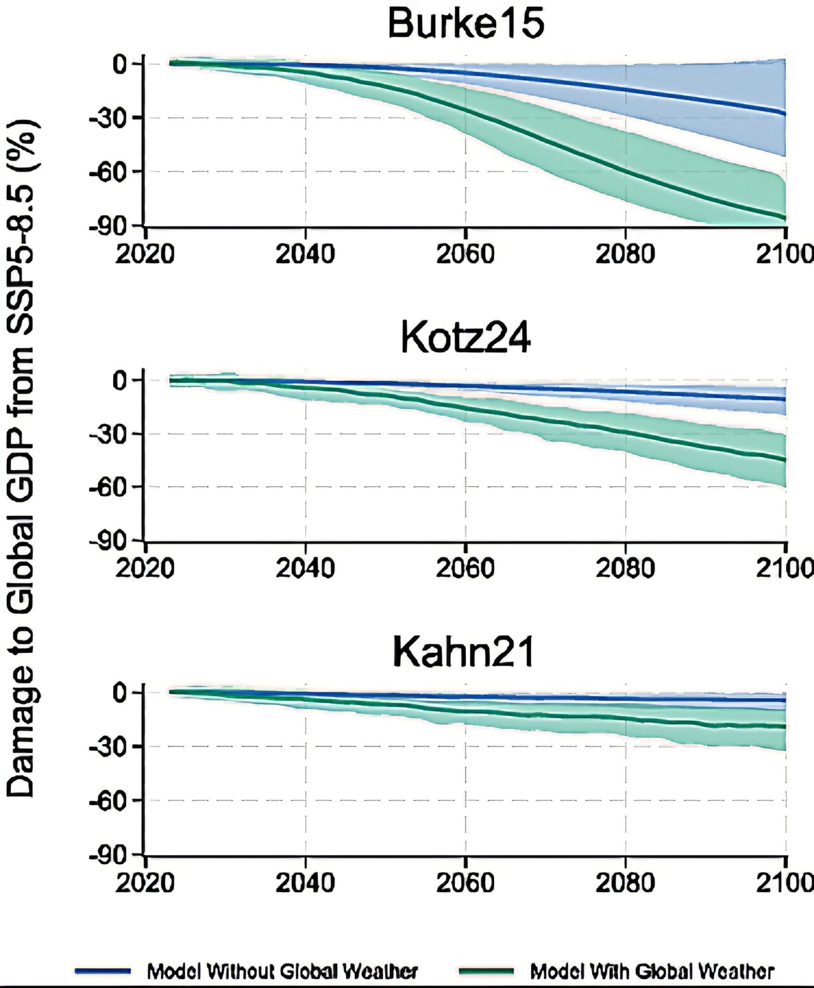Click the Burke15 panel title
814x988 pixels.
(x=466, y=24)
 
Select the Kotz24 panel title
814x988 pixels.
(x=466, y=338)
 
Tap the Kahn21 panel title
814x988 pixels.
(x=464, y=652)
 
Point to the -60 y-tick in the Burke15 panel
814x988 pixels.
(x=109, y=172)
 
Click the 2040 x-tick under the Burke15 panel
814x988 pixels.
(x=305, y=254)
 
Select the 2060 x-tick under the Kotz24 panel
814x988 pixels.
(x=466, y=568)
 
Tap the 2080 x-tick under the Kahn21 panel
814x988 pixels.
(x=626, y=883)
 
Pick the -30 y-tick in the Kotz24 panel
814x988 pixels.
(x=109, y=434)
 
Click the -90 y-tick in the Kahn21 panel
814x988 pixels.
(x=109, y=855)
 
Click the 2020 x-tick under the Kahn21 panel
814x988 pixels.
(x=145, y=883)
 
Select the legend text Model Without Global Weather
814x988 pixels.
(x=282, y=971)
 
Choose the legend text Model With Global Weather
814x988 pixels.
(x=652, y=971)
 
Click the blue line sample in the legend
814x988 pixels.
(x=103, y=971)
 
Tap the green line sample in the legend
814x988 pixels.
(x=487, y=971)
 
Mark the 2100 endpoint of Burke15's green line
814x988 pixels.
(x=785, y=218)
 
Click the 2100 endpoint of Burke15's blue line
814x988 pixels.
(x=785, y=114)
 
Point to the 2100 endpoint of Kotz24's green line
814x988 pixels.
(x=785, y=460)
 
